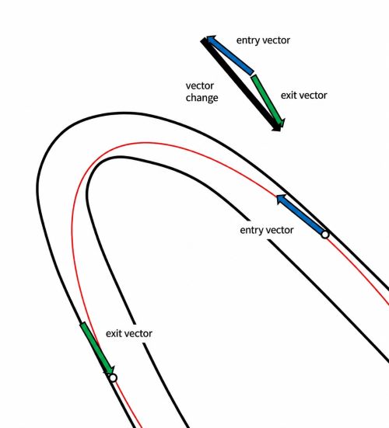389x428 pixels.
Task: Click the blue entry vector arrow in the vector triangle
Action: coord(230,55)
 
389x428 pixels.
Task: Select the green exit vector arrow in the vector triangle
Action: coord(268,102)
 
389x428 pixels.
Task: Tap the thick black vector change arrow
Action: coord(240,85)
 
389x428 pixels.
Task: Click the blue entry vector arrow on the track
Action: coord(301,214)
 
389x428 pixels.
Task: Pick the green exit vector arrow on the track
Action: coord(97,349)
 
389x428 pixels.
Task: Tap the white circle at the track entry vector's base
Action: coord(325,235)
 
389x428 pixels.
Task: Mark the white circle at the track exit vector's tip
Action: coord(113,378)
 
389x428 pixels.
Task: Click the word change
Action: coord(202,98)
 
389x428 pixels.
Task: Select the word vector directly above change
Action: coord(200,86)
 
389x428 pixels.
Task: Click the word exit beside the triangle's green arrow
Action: coord(289,96)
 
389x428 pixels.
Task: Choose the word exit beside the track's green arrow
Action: coord(114,333)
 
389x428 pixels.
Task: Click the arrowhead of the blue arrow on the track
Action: coord(282,199)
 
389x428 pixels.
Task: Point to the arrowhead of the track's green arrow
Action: coord(110,371)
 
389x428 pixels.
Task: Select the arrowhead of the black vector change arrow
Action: coord(277,127)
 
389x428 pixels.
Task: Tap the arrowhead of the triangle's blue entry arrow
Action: coord(211,40)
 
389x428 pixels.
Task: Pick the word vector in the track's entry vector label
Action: coord(280,231)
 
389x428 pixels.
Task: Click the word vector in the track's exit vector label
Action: coord(138,333)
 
